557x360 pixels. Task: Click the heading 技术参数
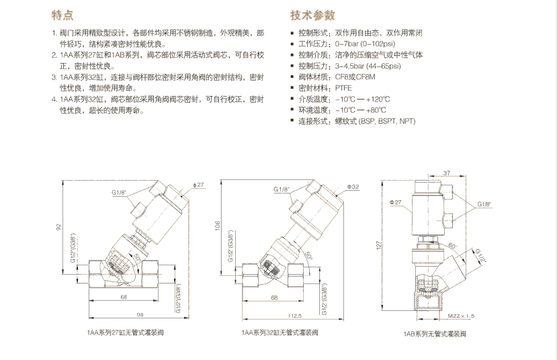click(x=312, y=15)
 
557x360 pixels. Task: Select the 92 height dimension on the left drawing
click(x=58, y=228)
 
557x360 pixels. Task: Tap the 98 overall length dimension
click(x=122, y=314)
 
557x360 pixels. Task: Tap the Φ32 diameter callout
click(x=353, y=186)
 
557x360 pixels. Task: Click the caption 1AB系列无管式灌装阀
click(x=437, y=332)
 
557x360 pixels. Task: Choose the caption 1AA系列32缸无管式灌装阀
click(x=280, y=332)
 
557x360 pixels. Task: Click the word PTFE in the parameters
click(x=345, y=87)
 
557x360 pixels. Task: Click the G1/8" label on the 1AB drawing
click(x=484, y=204)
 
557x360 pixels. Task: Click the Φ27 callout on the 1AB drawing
click(x=394, y=201)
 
